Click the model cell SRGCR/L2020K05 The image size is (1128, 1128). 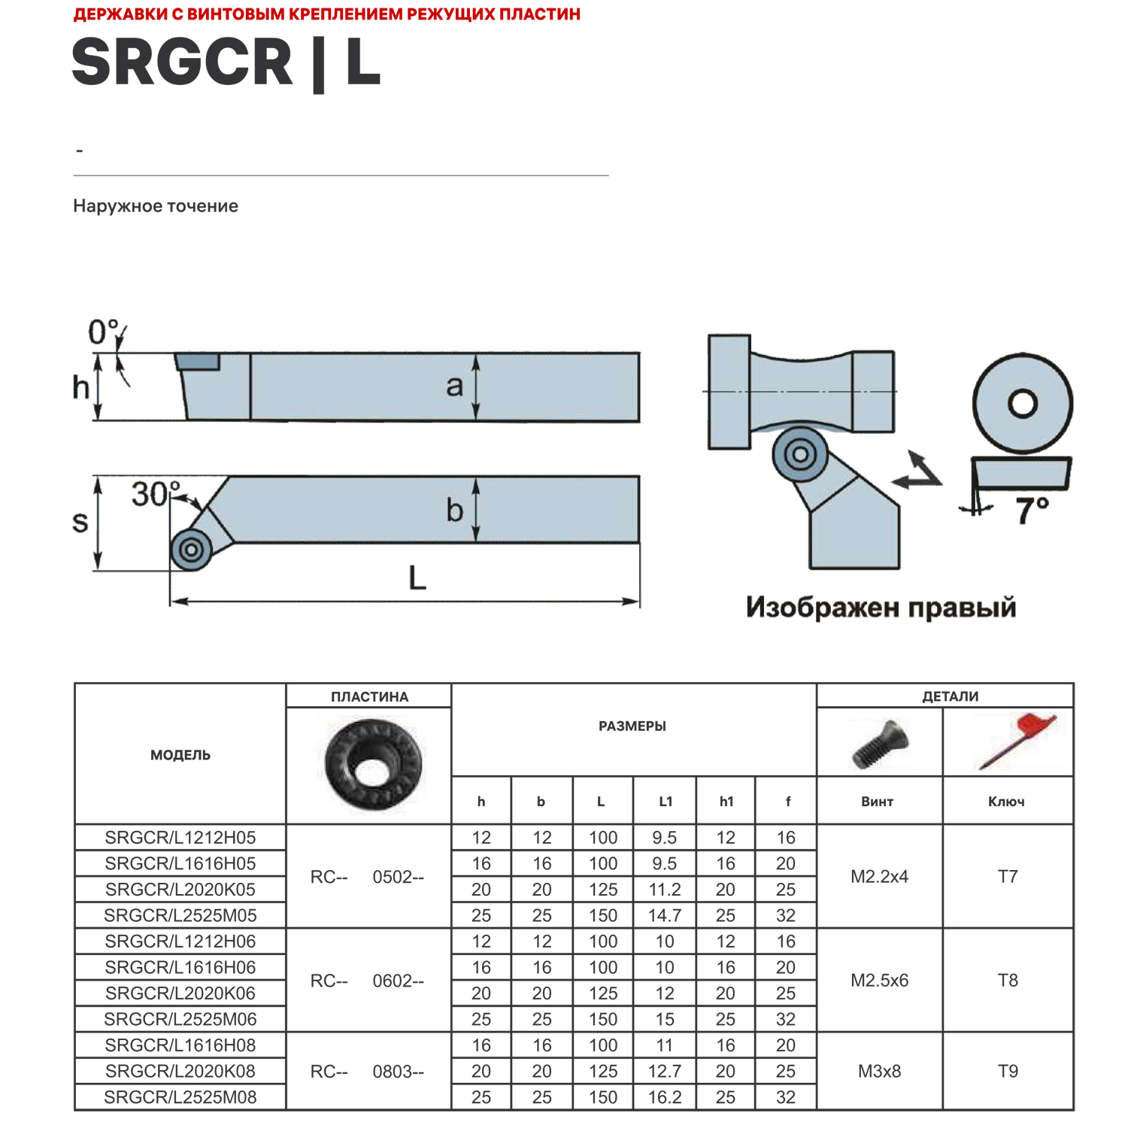(x=180, y=890)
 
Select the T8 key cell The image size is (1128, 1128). (x=1008, y=981)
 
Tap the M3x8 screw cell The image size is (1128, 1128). (x=879, y=1072)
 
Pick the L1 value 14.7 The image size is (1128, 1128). (x=665, y=916)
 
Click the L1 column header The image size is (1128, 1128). (x=666, y=802)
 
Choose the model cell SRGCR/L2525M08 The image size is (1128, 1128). (x=180, y=1097)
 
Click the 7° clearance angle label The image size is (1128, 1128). (x=1032, y=511)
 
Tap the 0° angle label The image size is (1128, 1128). (x=103, y=332)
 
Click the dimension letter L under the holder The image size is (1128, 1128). (x=417, y=578)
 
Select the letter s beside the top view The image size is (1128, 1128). (x=80, y=521)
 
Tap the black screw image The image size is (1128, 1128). (x=880, y=743)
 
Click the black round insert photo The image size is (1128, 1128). (x=373, y=765)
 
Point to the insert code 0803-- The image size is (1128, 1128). (x=399, y=1072)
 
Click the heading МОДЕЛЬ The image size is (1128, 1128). (x=180, y=755)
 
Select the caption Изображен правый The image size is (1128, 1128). (x=881, y=608)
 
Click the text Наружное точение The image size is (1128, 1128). (x=156, y=206)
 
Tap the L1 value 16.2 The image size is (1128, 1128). (x=665, y=1097)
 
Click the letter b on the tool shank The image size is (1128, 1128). (x=454, y=511)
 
